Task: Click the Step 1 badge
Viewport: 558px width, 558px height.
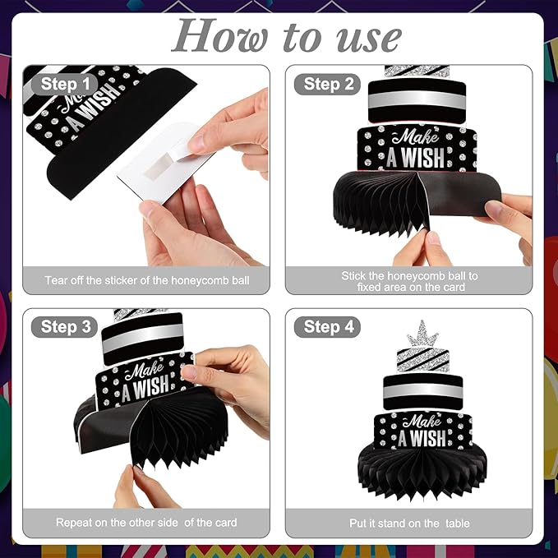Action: point(64,85)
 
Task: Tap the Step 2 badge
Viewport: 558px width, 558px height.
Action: point(327,85)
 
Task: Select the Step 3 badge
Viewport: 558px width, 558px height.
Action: point(64,327)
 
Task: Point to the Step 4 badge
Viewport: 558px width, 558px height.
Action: point(327,327)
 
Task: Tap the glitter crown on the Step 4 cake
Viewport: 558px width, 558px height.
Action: point(422,334)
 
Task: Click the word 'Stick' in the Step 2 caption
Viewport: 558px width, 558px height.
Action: point(353,276)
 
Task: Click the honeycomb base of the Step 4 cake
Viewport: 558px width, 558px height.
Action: point(422,470)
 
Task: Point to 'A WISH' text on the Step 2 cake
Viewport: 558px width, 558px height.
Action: point(416,157)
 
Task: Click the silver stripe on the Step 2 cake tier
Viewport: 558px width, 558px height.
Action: point(417,101)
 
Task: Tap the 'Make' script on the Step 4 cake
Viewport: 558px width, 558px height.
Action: point(422,421)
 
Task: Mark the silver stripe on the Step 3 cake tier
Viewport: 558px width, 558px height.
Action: point(143,337)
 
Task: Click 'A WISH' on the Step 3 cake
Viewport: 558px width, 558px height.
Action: point(145,387)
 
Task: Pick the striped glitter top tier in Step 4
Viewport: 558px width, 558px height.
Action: point(422,360)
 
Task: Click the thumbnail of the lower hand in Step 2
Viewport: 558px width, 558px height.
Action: point(433,237)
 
